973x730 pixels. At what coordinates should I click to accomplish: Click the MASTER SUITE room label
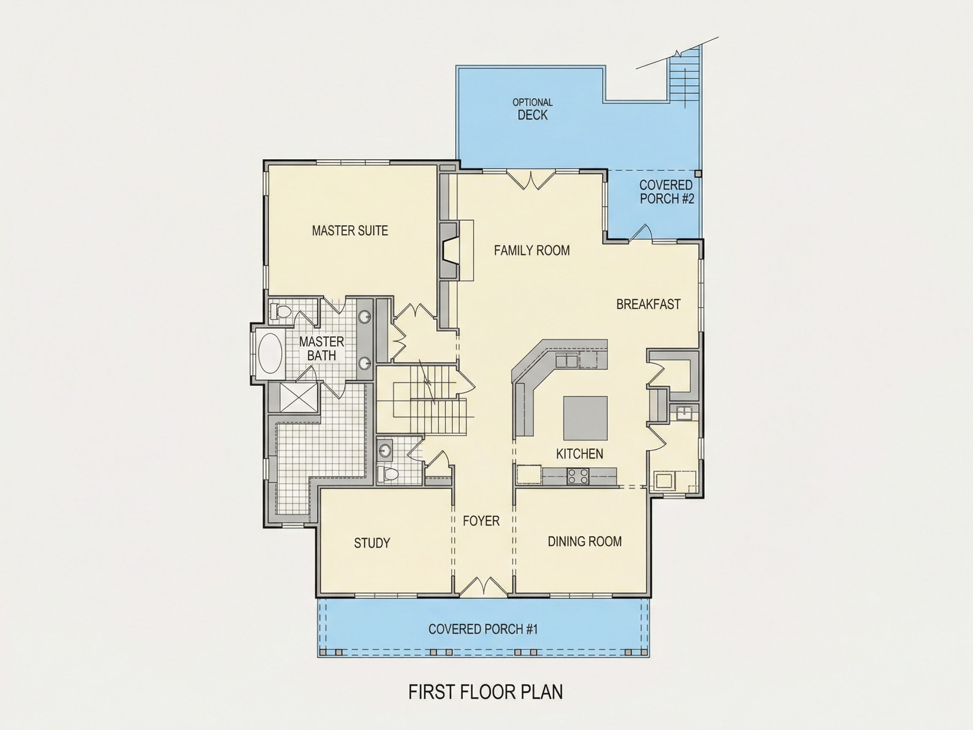(x=350, y=231)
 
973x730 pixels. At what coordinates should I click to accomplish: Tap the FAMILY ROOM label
(x=532, y=251)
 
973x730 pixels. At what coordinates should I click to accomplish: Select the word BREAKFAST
(x=648, y=304)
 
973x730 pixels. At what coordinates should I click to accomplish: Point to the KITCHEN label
(x=579, y=454)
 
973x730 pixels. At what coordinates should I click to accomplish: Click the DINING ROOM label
(x=584, y=541)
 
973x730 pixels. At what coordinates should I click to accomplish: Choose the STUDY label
(x=372, y=543)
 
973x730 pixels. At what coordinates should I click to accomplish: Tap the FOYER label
(x=481, y=521)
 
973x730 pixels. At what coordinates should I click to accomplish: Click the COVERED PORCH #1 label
(x=483, y=629)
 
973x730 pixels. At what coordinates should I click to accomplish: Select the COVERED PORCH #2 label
(x=666, y=192)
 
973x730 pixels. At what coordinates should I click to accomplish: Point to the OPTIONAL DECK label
(x=533, y=109)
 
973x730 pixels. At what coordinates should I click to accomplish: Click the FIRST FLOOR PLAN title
(x=486, y=692)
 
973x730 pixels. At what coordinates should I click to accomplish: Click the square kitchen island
(x=585, y=418)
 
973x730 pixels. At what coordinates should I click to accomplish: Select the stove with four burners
(x=578, y=477)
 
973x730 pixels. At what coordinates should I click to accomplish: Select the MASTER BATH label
(x=321, y=349)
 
